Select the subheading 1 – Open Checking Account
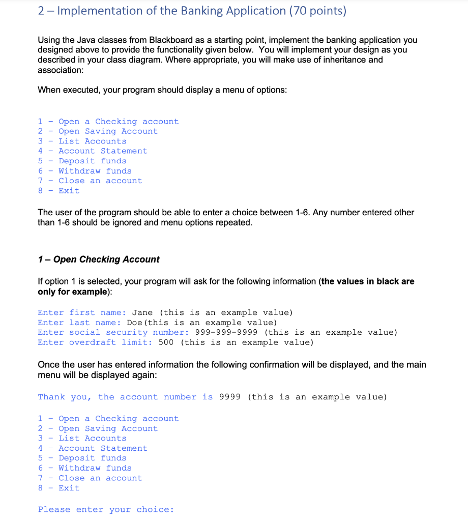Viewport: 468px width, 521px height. (x=99, y=259)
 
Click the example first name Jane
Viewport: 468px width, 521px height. (x=142, y=312)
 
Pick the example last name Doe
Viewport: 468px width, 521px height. (x=134, y=323)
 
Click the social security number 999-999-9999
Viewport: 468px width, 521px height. (x=226, y=332)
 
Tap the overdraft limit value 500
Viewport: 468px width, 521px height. (x=166, y=342)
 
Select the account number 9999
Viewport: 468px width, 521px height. (x=229, y=397)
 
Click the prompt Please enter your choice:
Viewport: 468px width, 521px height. (x=106, y=509)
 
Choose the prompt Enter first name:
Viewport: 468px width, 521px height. (x=82, y=312)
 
